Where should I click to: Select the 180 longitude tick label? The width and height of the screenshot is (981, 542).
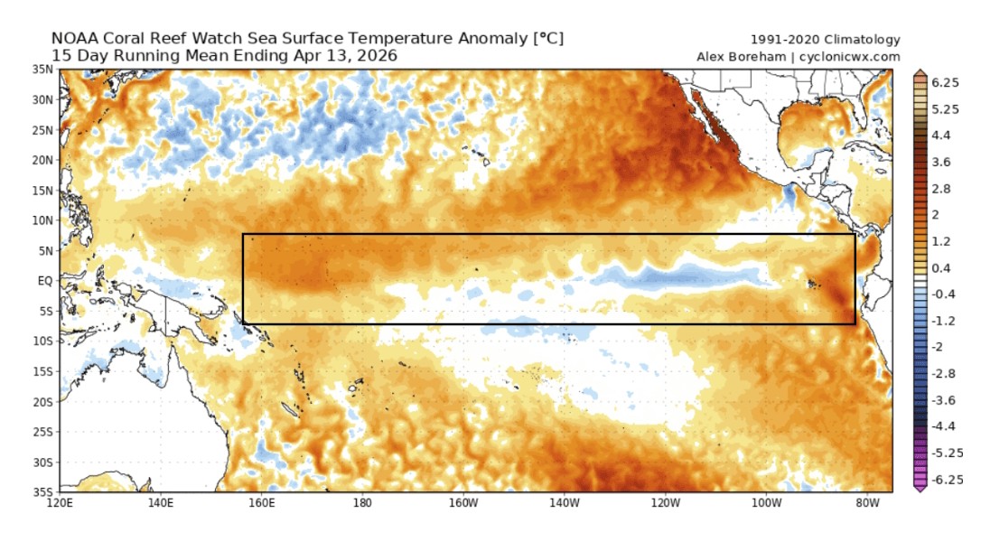click(x=362, y=503)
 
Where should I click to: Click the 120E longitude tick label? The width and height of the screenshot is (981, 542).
click(x=60, y=503)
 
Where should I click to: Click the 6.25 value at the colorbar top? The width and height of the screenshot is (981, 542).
click(x=945, y=81)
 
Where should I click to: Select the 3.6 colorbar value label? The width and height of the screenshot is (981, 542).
click(x=940, y=162)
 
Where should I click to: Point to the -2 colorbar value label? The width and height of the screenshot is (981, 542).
click(x=939, y=347)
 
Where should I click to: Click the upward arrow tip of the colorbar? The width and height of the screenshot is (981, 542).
click(x=920, y=70)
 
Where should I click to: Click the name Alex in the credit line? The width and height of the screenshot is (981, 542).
click(x=712, y=56)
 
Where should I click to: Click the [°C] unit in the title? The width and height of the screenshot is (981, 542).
click(x=547, y=39)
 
